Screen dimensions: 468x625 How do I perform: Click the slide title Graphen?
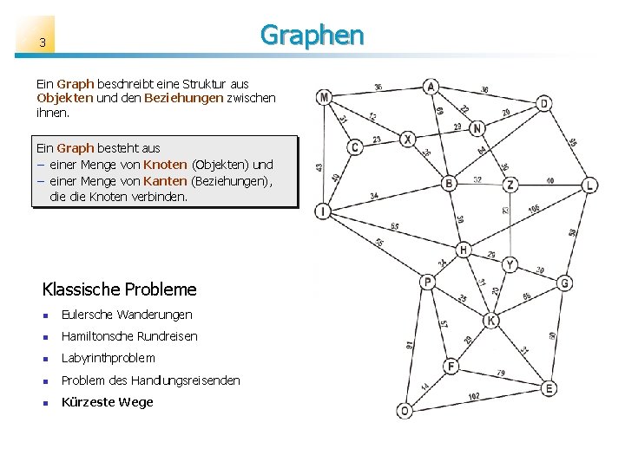click(312, 35)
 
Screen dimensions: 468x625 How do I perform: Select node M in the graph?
click(324, 97)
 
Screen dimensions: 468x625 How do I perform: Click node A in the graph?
click(431, 86)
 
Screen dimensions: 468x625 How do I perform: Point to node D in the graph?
click(543, 104)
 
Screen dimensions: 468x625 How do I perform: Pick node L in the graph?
click(589, 185)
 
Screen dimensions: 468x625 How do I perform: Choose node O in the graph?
click(404, 410)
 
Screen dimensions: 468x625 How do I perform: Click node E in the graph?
click(549, 389)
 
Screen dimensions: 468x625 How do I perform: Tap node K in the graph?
click(491, 321)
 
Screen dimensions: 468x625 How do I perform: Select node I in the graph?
click(323, 211)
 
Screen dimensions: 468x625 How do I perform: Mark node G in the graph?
click(564, 283)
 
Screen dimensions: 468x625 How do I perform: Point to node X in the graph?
click(408, 139)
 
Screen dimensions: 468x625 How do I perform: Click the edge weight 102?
click(473, 396)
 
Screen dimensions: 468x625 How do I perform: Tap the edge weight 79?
click(500, 373)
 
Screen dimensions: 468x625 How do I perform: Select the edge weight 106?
click(533, 208)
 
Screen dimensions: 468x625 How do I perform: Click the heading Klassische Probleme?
click(119, 289)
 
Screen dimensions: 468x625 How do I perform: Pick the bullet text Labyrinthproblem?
click(109, 358)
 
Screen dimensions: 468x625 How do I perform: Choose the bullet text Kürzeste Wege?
click(107, 402)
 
